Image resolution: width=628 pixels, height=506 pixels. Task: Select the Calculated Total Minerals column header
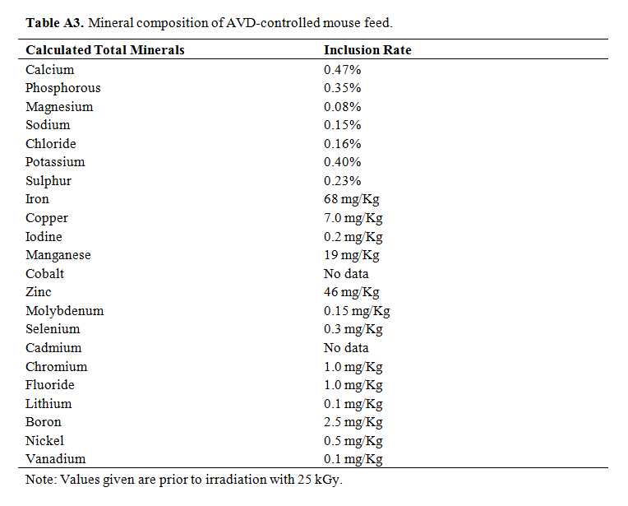[105, 50]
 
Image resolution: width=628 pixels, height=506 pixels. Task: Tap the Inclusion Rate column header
[367, 50]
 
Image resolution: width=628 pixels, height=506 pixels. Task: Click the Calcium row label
[49, 69]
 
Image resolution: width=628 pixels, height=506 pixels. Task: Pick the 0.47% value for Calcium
[342, 69]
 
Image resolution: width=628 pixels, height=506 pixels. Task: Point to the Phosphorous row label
[63, 88]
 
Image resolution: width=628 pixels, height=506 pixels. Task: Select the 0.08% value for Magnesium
[342, 107]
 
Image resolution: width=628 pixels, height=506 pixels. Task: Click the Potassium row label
[55, 162]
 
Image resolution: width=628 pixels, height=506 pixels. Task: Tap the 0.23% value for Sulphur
[342, 181]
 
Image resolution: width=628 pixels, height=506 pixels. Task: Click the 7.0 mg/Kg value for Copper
[353, 218]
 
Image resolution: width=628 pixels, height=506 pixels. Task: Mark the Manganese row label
[58, 255]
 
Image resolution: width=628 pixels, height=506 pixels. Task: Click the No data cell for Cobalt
[346, 273]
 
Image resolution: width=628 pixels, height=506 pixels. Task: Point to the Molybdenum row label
[65, 311]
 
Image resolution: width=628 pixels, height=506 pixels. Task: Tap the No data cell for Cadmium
[346, 348]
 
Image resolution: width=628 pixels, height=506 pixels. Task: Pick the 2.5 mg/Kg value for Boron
[353, 422]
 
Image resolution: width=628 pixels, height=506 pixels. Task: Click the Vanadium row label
[55, 459]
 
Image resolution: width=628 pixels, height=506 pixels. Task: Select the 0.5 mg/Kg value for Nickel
[353, 441]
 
